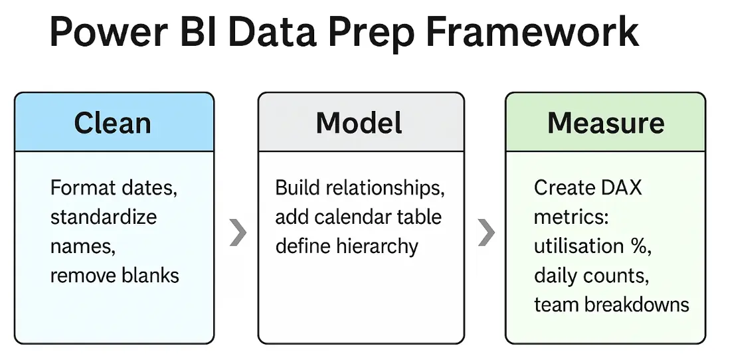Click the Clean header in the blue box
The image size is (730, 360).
[x=112, y=123]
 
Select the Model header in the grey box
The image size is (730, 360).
[x=359, y=123]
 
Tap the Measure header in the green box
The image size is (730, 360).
[x=605, y=123]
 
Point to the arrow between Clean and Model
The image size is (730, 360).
[x=237, y=232]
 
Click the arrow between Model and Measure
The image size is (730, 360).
[x=486, y=232]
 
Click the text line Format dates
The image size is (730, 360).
[x=114, y=188]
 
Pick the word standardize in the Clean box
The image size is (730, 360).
[x=104, y=217]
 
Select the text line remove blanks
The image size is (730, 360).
[x=114, y=275]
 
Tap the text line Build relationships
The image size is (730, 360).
[x=359, y=188]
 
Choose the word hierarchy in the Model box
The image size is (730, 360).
[x=377, y=246]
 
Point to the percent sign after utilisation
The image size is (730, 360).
[x=640, y=246]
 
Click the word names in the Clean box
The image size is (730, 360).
[x=82, y=246]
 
